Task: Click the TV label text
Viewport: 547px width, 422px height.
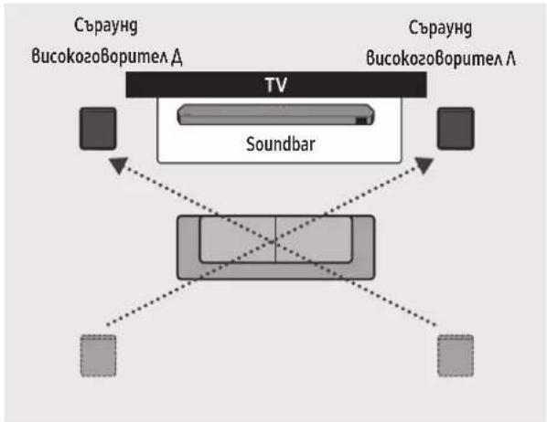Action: (276, 85)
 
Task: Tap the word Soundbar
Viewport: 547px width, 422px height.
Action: (281, 144)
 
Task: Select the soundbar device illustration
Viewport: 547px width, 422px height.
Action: (275, 114)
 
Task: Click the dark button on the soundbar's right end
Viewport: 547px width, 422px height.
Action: (361, 121)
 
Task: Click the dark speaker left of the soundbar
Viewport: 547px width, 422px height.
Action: (98, 129)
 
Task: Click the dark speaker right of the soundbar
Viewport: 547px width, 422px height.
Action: (456, 129)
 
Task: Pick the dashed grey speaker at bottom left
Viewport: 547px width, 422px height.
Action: (99, 356)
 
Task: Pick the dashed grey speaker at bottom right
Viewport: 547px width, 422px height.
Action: (456, 356)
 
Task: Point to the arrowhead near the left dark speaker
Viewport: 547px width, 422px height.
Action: (119, 165)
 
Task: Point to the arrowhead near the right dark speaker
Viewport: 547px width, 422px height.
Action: (424, 165)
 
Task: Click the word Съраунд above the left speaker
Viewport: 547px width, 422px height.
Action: (106, 26)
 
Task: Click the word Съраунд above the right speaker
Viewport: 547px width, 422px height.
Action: (440, 28)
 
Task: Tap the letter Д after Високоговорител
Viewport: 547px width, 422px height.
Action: (177, 58)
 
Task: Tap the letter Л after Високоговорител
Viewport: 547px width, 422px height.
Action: (510, 58)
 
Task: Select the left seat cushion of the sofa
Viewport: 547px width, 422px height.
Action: (238, 238)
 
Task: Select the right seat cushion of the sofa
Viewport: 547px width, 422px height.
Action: (314, 238)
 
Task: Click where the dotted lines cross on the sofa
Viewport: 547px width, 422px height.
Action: (273, 241)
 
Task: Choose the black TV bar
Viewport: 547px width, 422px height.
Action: (276, 85)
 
